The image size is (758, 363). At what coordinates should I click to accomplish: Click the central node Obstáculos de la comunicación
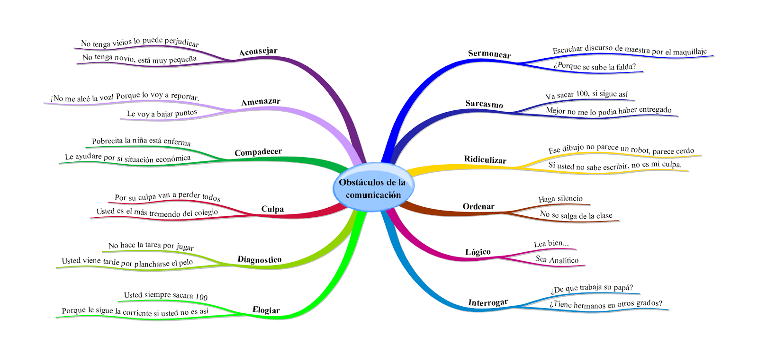tap(373, 188)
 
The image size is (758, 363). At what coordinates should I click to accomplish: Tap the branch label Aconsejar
tap(258, 52)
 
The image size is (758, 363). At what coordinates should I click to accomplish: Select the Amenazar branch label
tap(261, 102)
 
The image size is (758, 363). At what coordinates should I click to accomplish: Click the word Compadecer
tap(258, 152)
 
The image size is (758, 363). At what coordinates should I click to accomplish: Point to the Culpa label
tap(272, 209)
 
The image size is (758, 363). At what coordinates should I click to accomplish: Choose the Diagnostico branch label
tap(260, 259)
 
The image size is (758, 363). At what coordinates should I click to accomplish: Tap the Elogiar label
tap(266, 310)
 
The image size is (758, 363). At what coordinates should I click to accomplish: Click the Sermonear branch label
tap(489, 54)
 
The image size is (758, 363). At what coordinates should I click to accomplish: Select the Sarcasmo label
tap(484, 104)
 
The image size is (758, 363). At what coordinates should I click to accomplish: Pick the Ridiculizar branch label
tap(485, 159)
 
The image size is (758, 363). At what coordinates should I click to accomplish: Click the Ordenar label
tap(478, 206)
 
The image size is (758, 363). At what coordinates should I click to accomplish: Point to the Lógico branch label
tap(478, 252)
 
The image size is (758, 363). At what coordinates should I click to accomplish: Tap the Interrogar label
tap(488, 302)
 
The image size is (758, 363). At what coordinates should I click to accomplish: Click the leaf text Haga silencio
tap(560, 199)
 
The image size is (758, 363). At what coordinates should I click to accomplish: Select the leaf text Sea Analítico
tap(557, 259)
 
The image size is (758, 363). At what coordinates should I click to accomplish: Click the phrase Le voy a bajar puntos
tap(162, 114)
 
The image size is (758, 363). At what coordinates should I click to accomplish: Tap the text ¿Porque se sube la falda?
tap(595, 66)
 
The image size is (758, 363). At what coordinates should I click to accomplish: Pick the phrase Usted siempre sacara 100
tap(166, 296)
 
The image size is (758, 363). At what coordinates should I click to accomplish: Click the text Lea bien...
tap(551, 244)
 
